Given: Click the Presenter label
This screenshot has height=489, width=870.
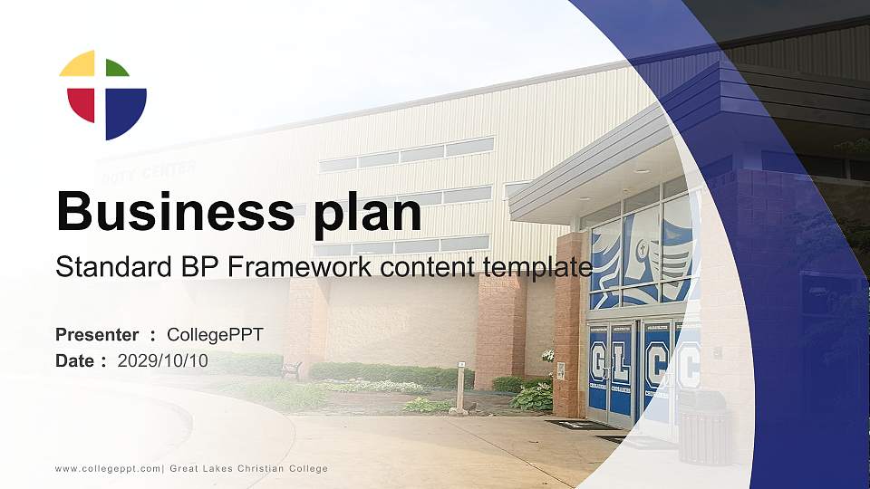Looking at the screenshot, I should point(97,335).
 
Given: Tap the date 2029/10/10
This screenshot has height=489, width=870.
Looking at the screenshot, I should point(163,360).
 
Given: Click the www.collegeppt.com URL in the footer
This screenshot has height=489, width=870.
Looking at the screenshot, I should point(108,468).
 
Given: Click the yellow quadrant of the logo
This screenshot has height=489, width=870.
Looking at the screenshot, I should point(79,63).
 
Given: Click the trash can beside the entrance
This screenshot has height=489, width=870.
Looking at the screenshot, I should point(703,427).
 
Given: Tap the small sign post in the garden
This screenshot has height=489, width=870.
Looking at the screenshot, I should point(460,387).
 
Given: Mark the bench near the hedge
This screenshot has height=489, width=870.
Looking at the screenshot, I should point(292,369).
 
